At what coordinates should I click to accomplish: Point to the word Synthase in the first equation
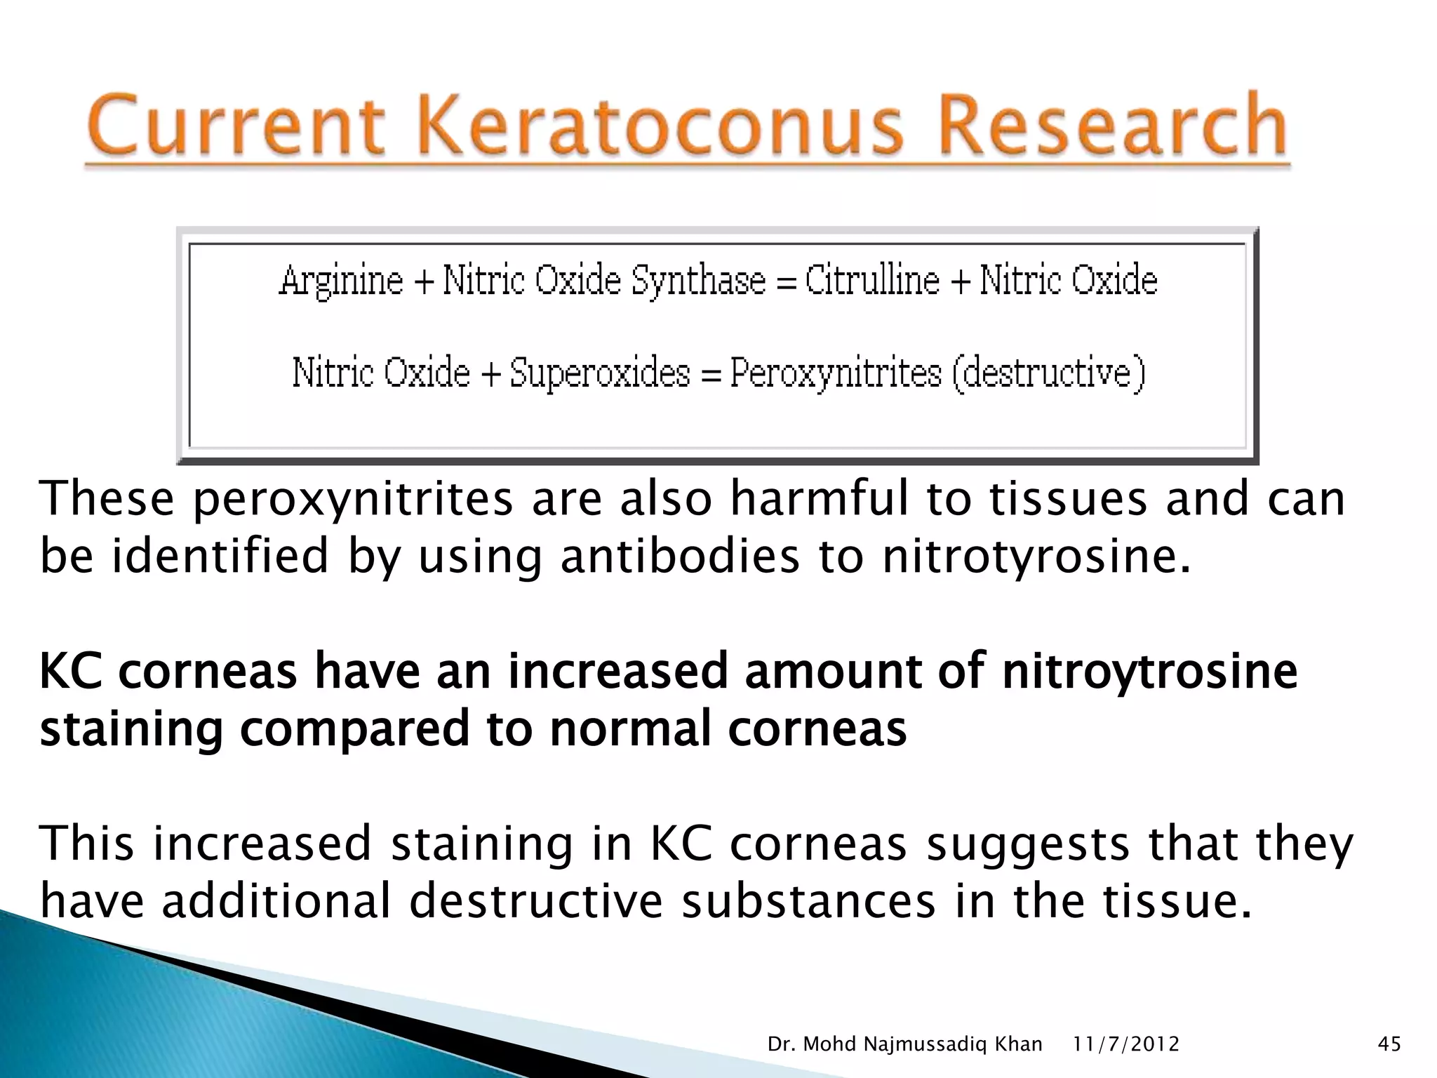699,281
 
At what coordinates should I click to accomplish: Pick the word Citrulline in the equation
872,281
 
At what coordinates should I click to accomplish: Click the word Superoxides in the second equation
600,373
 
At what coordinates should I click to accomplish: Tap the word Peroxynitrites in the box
836,374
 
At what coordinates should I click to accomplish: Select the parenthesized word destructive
1049,373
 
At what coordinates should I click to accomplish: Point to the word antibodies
679,556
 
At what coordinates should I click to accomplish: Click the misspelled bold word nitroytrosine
1149,671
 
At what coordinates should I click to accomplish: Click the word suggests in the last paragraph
1028,845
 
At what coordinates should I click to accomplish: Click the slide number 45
1389,1044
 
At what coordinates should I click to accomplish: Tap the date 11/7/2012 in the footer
1126,1044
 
